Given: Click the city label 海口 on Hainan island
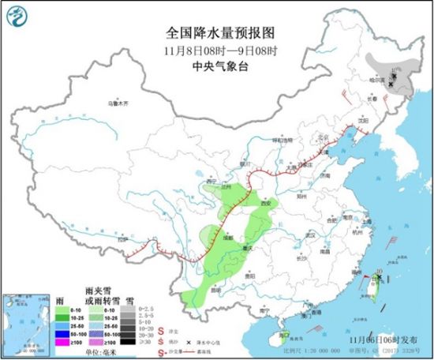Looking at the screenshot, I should (277, 335).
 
